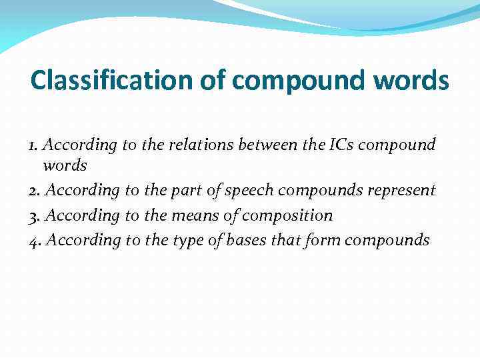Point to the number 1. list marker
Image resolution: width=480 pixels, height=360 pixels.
[35, 145]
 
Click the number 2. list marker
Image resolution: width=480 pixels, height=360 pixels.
[36, 191]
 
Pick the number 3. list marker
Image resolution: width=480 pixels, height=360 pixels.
[36, 215]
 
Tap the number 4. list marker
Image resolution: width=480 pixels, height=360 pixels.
[36, 240]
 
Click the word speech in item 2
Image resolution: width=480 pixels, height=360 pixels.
[249, 191]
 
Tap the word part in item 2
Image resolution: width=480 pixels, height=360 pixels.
[186, 191]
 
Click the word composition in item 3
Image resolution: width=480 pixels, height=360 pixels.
[287, 215]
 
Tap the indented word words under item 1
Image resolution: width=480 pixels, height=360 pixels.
[65, 165]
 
